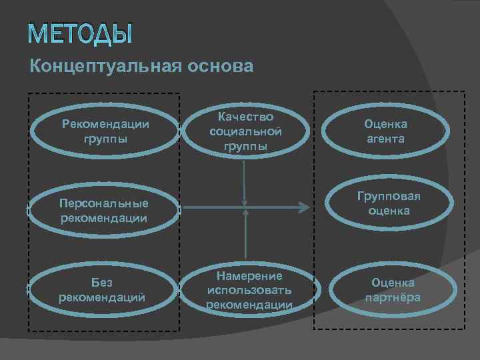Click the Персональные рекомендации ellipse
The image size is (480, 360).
(x=103, y=209)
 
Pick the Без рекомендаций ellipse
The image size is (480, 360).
(x=103, y=289)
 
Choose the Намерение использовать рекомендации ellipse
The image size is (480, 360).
(x=249, y=289)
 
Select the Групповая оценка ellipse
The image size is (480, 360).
(x=393, y=203)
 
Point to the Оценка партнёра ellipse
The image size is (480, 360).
(x=393, y=289)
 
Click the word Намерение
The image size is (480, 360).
(x=249, y=276)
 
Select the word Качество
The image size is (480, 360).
(x=245, y=117)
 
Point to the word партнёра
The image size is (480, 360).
(x=393, y=297)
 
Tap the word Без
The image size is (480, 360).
(x=103, y=283)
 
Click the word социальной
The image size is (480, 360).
(x=245, y=131)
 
